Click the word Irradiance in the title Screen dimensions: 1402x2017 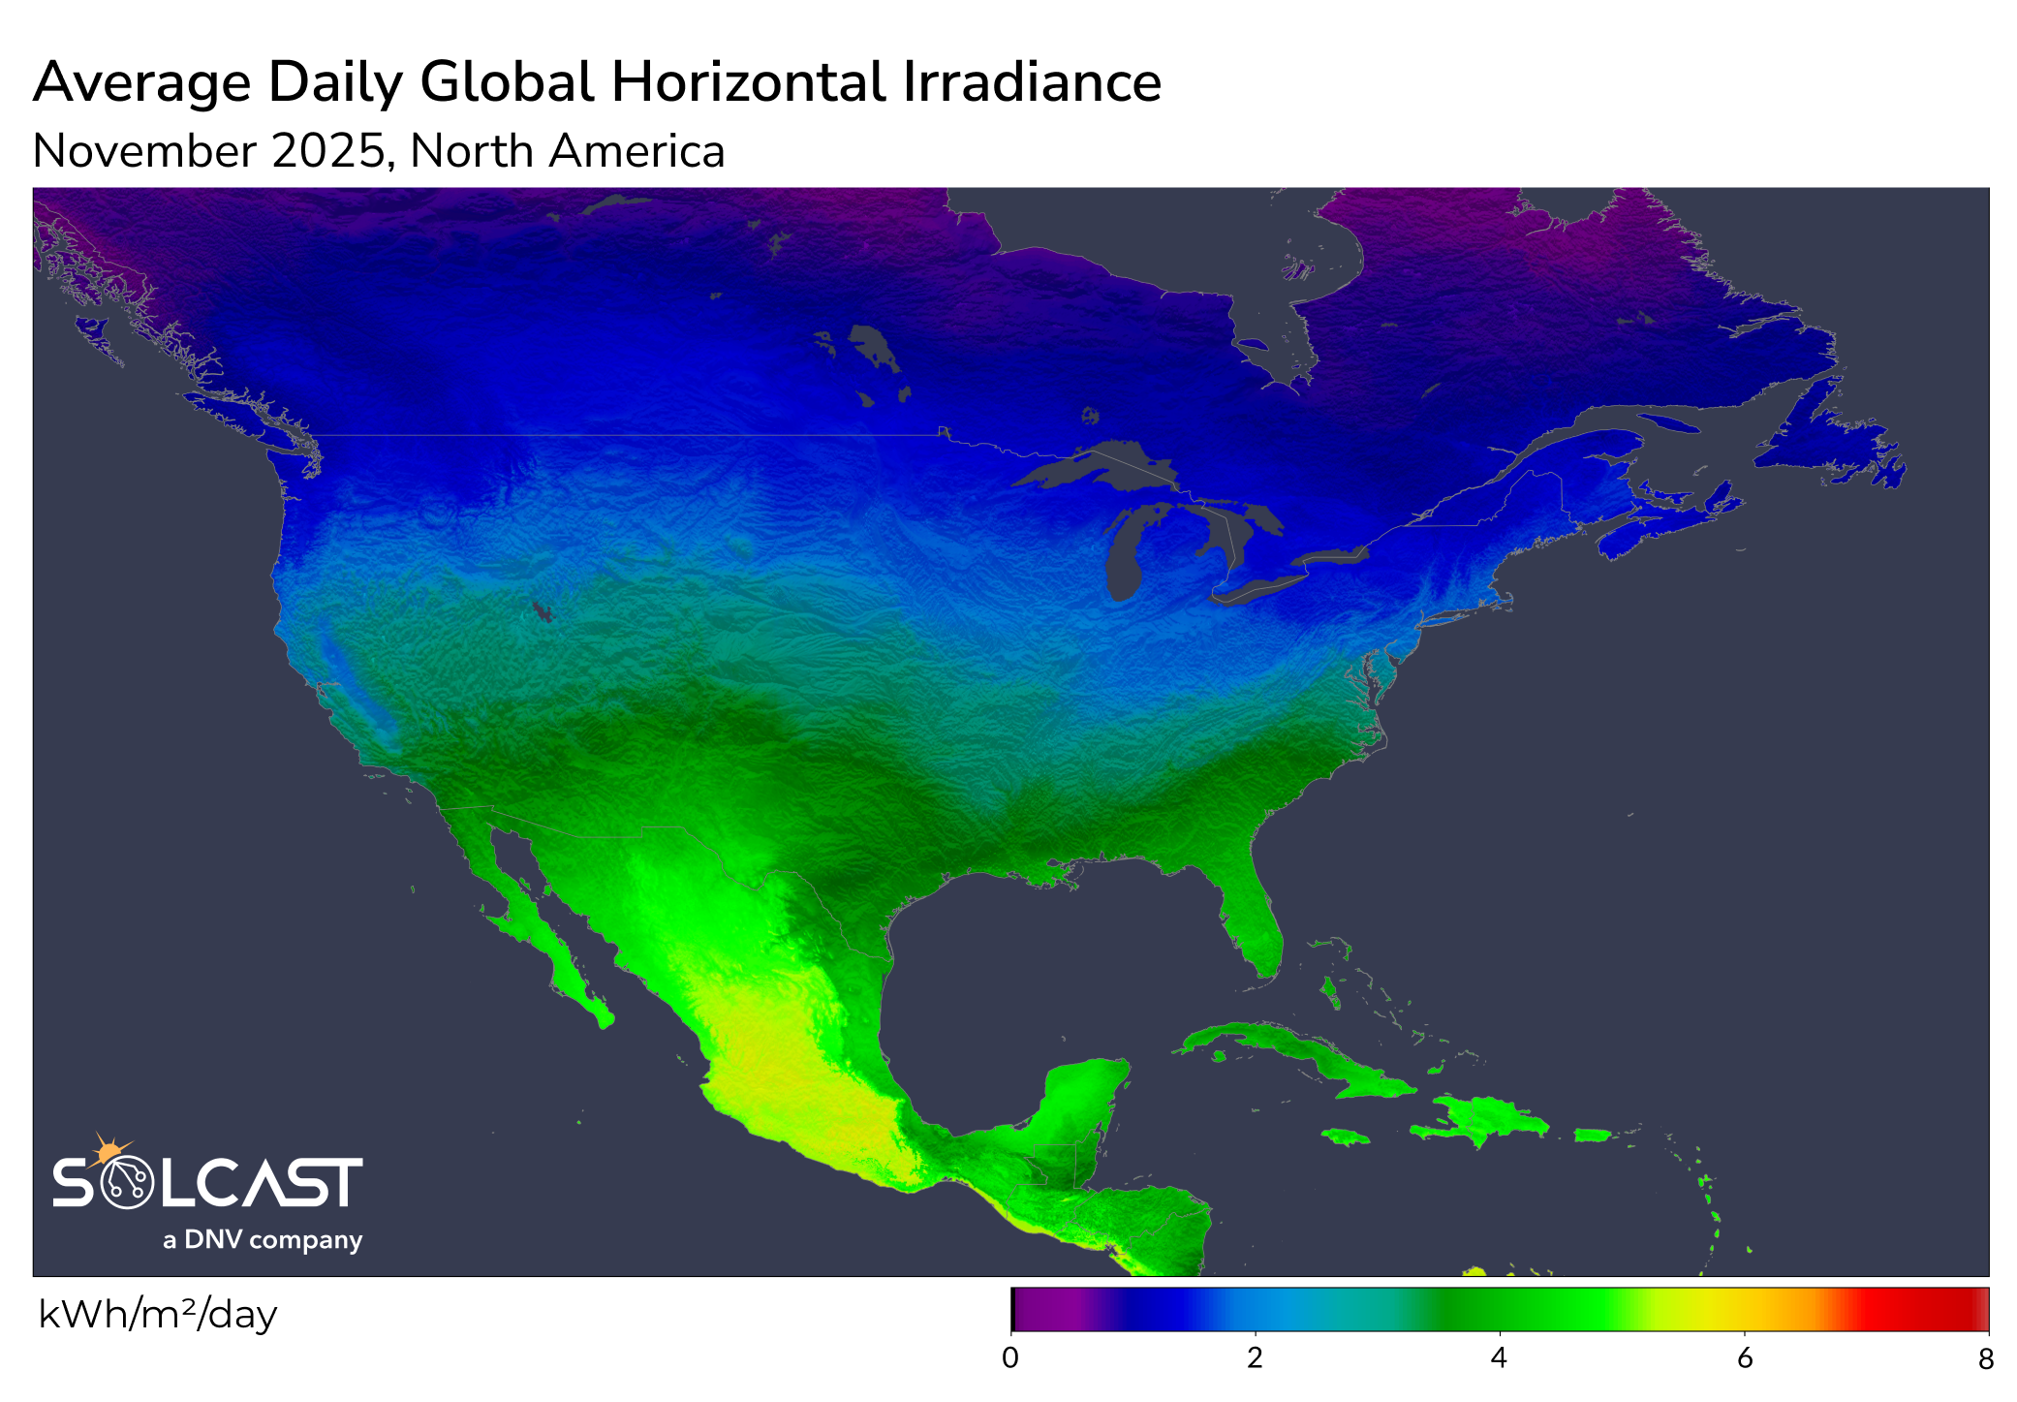[x=1032, y=82]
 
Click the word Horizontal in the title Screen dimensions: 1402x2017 [x=749, y=82]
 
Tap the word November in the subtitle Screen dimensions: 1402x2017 [x=144, y=152]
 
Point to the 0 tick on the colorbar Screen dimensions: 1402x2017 [x=1010, y=1358]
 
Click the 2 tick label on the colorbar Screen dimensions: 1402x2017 [x=1255, y=1358]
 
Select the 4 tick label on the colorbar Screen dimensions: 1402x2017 [x=1499, y=1358]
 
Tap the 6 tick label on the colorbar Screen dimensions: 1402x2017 [x=1744, y=1358]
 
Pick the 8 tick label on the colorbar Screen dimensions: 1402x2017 [x=1985, y=1359]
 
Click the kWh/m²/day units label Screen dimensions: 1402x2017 [x=158, y=1315]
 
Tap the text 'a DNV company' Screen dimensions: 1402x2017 [x=263, y=1240]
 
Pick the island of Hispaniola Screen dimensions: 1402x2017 [x=1482, y=1119]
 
